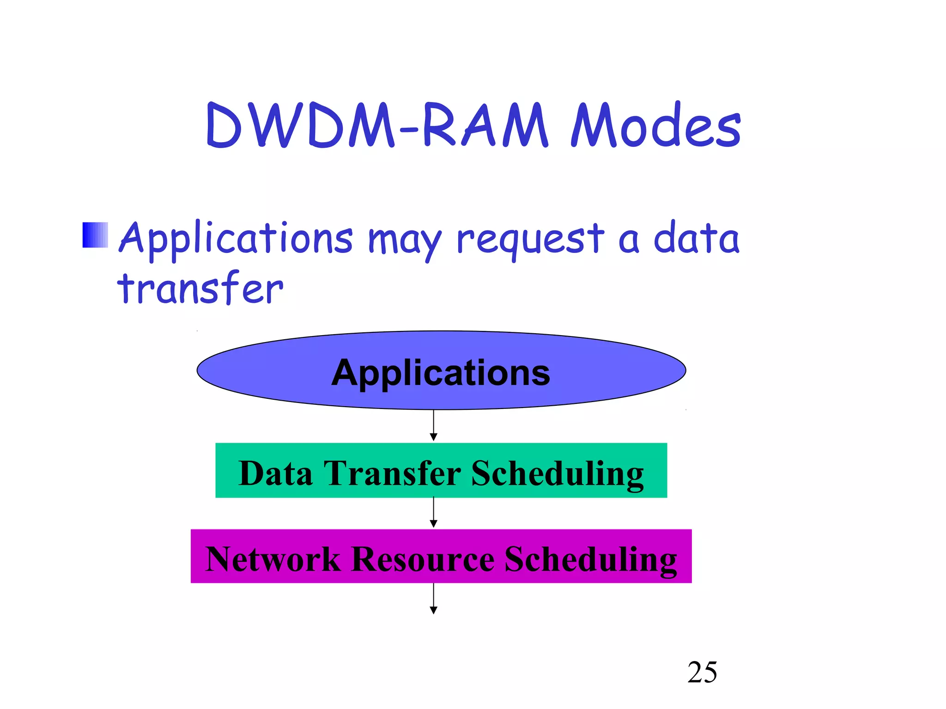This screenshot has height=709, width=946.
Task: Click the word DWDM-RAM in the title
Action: click(376, 126)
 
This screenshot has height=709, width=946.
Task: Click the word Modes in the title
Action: click(656, 126)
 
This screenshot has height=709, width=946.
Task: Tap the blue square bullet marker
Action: click(95, 235)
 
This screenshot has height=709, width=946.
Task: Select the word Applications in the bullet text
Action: click(236, 239)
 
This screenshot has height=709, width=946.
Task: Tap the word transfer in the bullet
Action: click(200, 288)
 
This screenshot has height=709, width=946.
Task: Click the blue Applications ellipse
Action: click(441, 370)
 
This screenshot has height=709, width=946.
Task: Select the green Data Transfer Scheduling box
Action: click(441, 470)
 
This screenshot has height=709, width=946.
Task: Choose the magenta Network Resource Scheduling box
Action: click(441, 556)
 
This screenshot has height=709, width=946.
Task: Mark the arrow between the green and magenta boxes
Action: click(433, 512)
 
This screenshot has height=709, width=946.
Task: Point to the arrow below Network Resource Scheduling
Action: click(433, 599)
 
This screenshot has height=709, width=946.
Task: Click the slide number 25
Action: click(702, 672)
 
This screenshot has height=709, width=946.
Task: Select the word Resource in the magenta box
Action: click(422, 559)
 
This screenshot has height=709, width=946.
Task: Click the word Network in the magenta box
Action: click(273, 559)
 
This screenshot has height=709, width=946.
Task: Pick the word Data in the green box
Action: click(275, 474)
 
